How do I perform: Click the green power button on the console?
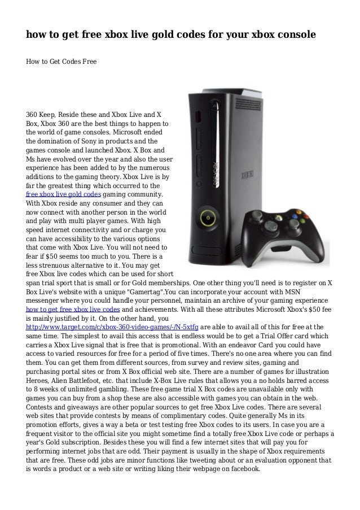click(x=208, y=217)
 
